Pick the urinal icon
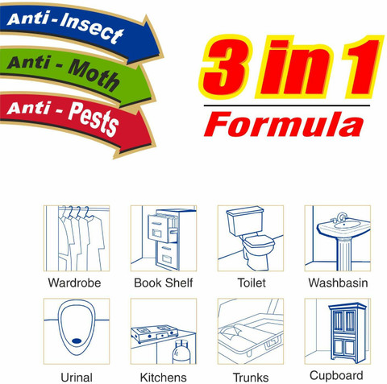point(76,331)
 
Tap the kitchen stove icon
point(163,331)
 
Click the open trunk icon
point(250,331)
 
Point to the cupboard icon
point(338,331)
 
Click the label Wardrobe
point(75,283)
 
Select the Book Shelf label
point(164,283)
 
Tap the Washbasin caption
point(338,283)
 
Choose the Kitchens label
point(163,377)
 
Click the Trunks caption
point(250,377)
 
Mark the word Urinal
point(76,377)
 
